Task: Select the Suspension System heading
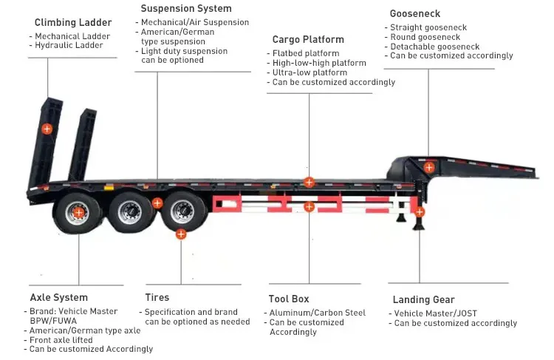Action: pyautogui.click(x=185, y=9)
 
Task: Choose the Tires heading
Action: pyautogui.click(x=157, y=298)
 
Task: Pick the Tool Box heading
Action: pyautogui.click(x=290, y=299)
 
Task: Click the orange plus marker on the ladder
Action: pyautogui.click(x=47, y=129)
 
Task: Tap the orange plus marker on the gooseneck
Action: pyautogui.click(x=429, y=167)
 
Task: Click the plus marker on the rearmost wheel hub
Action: pyautogui.click(x=79, y=213)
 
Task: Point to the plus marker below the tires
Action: pyautogui.click(x=181, y=234)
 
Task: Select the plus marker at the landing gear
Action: pyautogui.click(x=420, y=212)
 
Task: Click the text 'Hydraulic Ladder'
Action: pyautogui.click(x=69, y=46)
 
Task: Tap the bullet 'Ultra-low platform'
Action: pyautogui.click(x=310, y=72)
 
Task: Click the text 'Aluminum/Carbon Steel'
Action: pyautogui.click(x=318, y=313)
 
